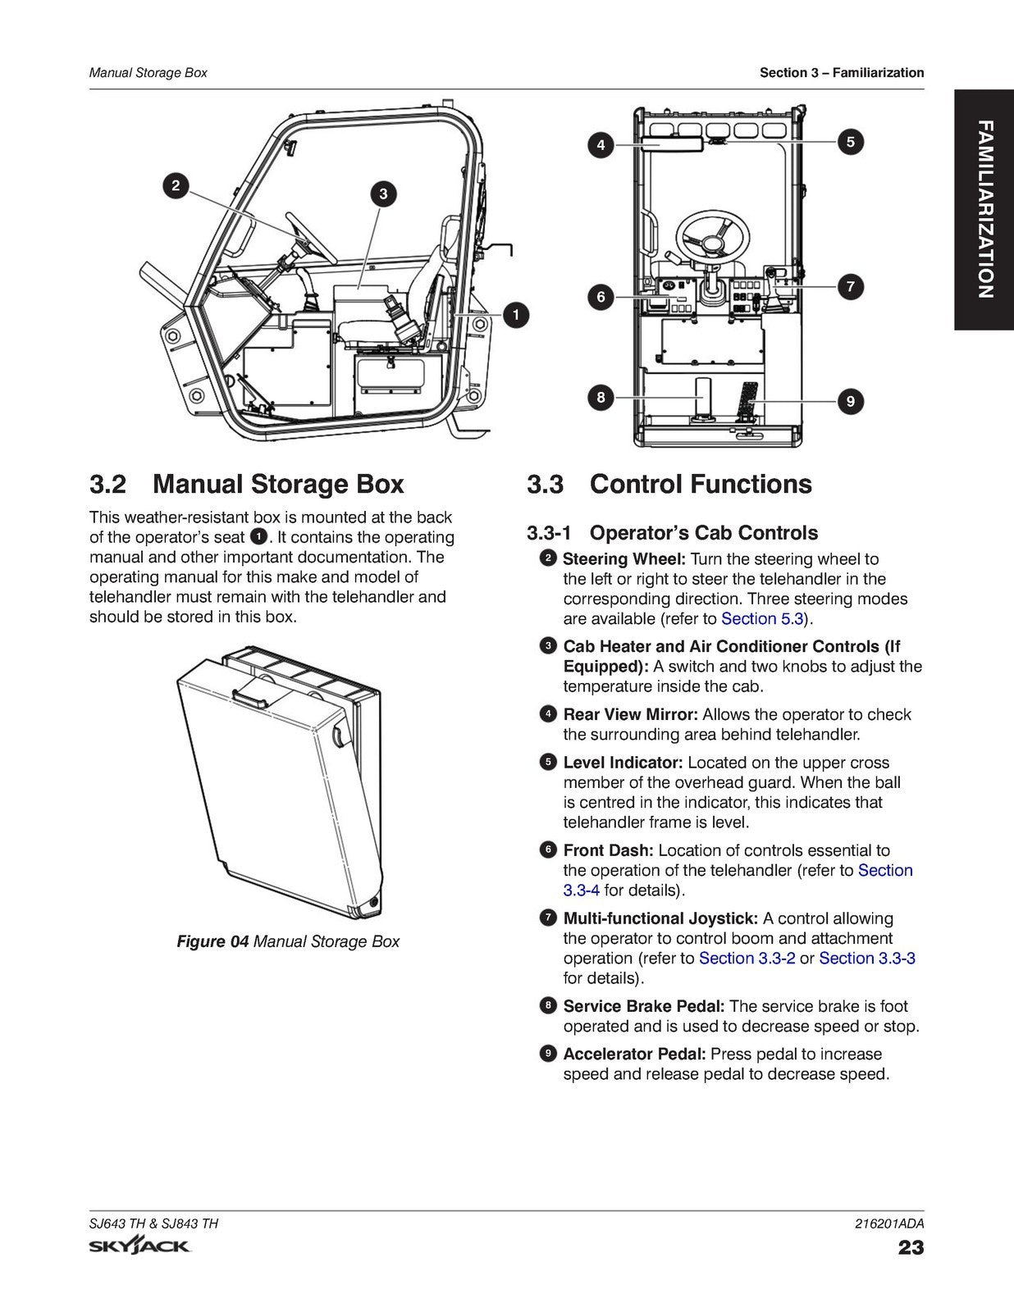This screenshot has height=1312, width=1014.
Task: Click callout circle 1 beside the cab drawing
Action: [x=515, y=314]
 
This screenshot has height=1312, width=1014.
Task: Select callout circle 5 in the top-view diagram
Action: [x=850, y=141]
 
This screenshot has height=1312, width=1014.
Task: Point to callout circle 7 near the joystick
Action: [x=850, y=286]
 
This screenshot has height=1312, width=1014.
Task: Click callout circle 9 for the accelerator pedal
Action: [x=850, y=401]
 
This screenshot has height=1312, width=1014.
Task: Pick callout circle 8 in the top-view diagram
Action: [x=601, y=398]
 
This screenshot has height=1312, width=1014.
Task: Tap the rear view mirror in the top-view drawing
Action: [x=671, y=144]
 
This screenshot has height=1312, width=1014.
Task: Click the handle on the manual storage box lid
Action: [x=253, y=696]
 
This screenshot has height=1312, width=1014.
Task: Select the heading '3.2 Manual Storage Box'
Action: [x=246, y=484]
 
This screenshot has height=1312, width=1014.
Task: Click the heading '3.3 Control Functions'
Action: [x=669, y=484]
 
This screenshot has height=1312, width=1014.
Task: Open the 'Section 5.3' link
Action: [x=762, y=619]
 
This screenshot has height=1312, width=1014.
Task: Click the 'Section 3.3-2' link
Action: [x=747, y=958]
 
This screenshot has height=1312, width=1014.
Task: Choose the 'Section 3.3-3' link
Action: [x=866, y=958]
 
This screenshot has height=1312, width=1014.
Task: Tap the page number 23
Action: [x=911, y=1248]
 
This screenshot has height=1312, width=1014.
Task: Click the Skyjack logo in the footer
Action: [x=140, y=1247]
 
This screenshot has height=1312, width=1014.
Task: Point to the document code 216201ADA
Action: [x=888, y=1223]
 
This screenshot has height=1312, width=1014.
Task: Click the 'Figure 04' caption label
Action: [x=212, y=941]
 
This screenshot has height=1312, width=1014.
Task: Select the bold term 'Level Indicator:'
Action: [x=623, y=763]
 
